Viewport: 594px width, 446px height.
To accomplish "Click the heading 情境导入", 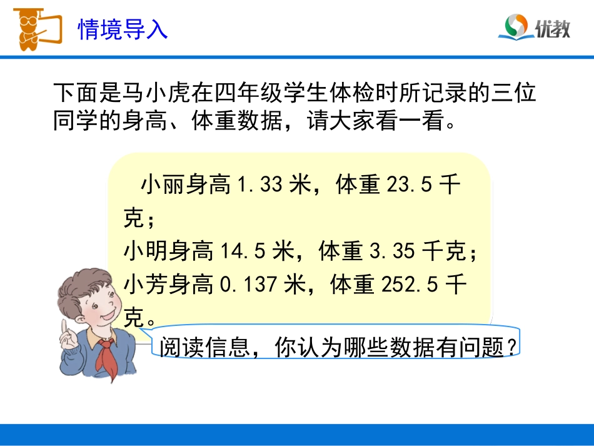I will [123, 29].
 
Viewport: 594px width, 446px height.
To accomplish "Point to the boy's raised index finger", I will [64, 329].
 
